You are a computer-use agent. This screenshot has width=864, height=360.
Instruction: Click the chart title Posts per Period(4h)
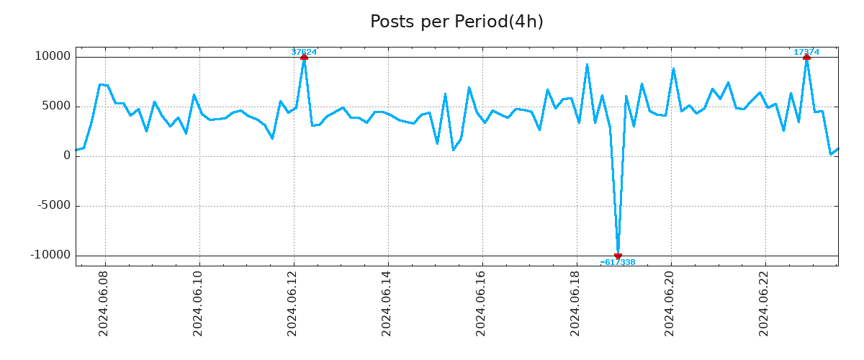456,22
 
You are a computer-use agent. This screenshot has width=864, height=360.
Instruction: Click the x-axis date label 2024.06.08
104,304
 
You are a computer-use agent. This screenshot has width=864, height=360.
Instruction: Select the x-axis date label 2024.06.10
199,304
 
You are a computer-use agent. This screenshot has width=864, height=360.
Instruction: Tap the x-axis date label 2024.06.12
293,304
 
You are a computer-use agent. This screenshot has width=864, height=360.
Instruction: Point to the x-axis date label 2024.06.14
387,304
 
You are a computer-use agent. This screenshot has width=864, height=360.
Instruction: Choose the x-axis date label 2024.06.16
482,304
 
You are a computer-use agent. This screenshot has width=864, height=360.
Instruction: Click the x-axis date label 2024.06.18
576,304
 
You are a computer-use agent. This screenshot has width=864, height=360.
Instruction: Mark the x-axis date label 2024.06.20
670,304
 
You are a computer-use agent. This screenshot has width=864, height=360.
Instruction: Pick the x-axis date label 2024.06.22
765,304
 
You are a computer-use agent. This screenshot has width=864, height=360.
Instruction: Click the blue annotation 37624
304,52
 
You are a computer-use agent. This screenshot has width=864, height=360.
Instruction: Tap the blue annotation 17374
806,52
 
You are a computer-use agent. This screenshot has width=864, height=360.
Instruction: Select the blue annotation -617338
618,263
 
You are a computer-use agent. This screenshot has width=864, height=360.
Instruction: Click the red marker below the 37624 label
304,57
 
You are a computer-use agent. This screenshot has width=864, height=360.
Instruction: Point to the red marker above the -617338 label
618,256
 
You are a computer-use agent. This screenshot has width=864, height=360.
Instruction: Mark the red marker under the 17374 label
806,57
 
